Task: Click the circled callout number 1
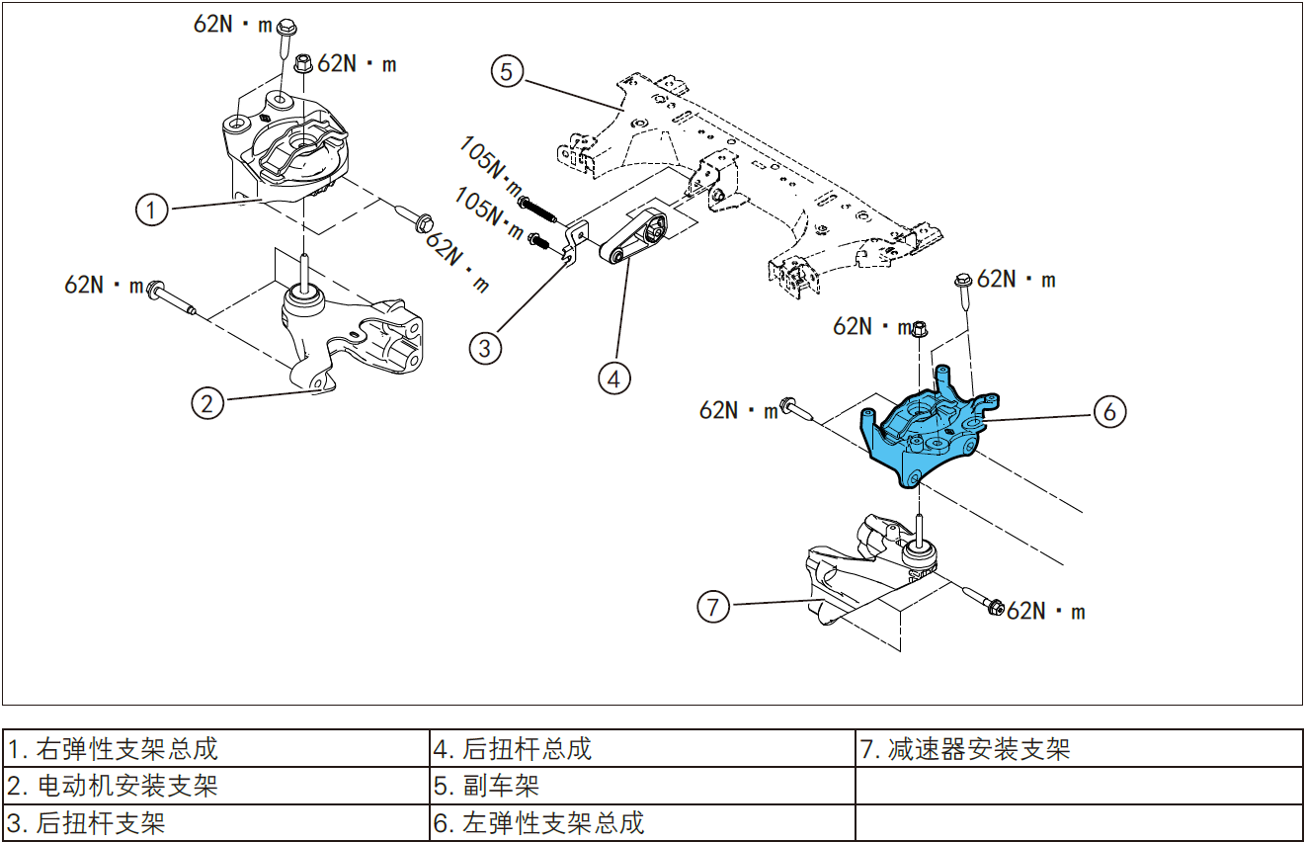[151, 210]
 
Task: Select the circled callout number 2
[206, 402]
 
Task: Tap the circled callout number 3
[485, 348]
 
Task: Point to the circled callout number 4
[614, 378]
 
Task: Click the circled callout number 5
[507, 72]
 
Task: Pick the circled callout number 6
[1109, 411]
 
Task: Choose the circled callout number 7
[714, 606]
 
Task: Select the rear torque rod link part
[632, 242]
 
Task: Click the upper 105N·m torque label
[491, 165]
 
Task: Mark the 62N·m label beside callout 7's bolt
[1046, 612]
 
